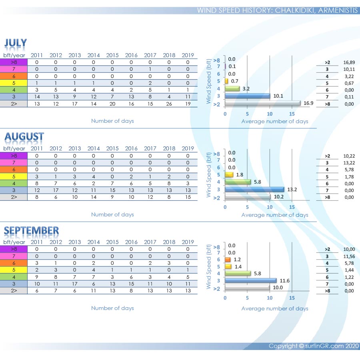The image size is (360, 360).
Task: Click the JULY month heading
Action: point(16,43)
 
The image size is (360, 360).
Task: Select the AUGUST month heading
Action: point(24,137)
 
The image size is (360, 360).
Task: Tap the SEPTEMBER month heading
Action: point(31,230)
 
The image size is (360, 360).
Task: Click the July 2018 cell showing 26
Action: point(169,104)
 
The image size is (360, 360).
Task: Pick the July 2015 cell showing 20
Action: point(112,104)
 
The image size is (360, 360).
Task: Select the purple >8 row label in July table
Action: point(14,62)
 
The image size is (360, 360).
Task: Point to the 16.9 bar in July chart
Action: point(262,103)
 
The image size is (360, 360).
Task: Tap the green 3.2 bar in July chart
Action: point(232,88)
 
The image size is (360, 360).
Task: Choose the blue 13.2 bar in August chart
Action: point(254,190)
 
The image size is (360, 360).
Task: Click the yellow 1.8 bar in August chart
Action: point(229,175)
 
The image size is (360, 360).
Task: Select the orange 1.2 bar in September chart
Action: point(228,260)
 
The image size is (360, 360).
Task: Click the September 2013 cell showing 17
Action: point(75,284)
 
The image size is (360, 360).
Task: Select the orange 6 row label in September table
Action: point(14,263)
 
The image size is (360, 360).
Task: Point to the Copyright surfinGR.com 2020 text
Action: point(314,346)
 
